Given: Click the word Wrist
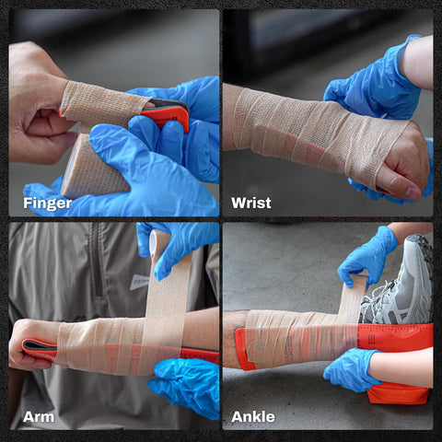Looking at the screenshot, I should point(251,203).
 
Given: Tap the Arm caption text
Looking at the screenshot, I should point(38,417).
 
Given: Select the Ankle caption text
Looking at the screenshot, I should point(253,417).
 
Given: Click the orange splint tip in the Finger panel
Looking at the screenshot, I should point(170,116).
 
